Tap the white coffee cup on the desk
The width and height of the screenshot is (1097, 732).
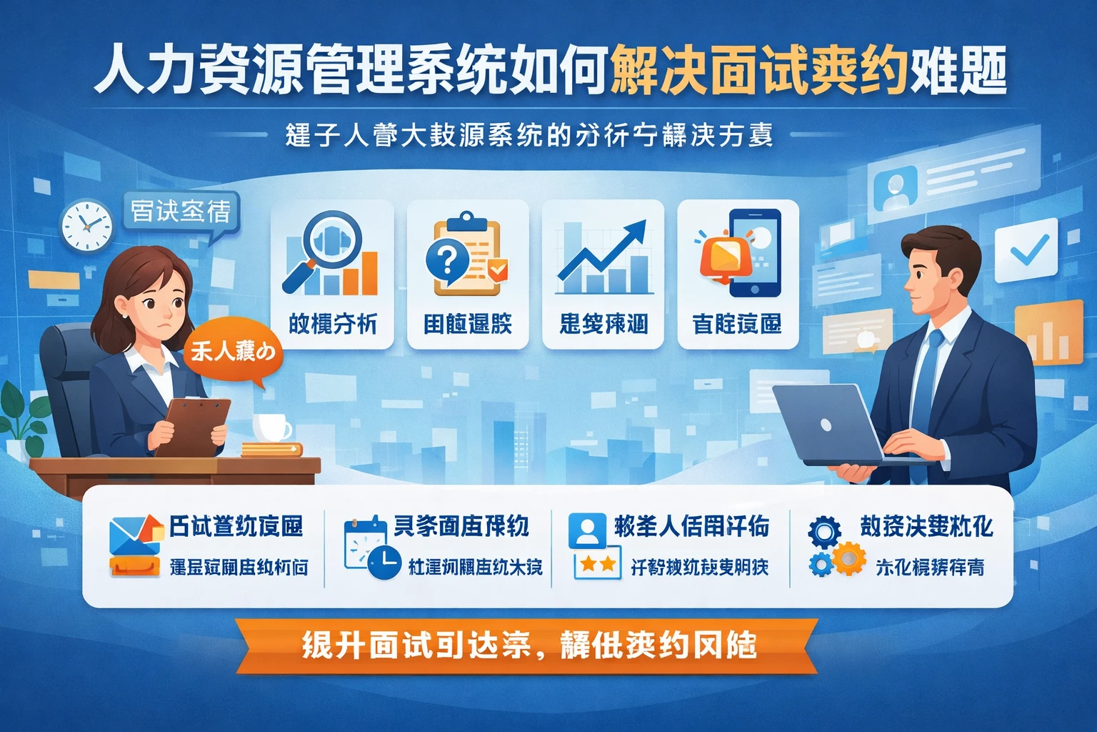click(x=271, y=427)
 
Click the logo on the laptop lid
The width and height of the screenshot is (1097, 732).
click(x=826, y=425)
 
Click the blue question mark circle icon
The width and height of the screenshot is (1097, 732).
click(x=447, y=259)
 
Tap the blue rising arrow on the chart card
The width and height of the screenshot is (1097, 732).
click(x=603, y=251)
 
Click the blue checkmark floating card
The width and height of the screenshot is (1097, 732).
click(x=1026, y=250)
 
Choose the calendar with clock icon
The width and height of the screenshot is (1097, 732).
click(x=371, y=548)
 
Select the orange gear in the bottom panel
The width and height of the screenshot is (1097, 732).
click(x=849, y=558)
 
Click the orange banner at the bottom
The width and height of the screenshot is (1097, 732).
click(x=529, y=646)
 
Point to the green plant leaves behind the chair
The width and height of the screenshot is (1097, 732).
click(x=23, y=415)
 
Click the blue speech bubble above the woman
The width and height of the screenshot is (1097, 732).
click(x=181, y=210)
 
